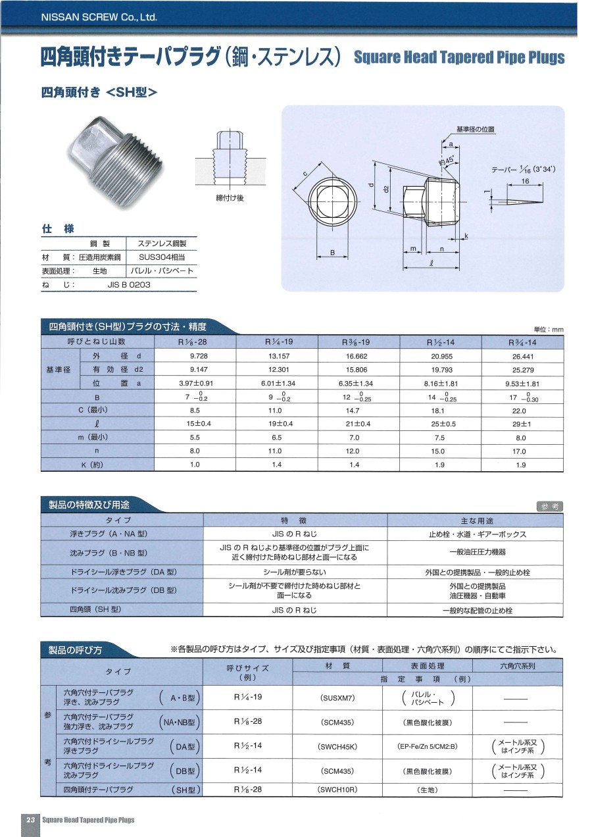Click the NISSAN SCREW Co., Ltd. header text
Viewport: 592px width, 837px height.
pyautogui.click(x=99, y=17)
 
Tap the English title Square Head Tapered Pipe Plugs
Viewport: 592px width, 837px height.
pyautogui.click(x=459, y=57)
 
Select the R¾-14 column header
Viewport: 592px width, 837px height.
pyautogui.click(x=523, y=342)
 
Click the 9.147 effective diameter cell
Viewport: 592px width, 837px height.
pyautogui.click(x=195, y=369)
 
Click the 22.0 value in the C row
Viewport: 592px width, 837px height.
pyautogui.click(x=523, y=411)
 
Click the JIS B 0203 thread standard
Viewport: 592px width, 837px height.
pyautogui.click(x=129, y=285)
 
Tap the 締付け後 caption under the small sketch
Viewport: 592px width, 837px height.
pyautogui.click(x=230, y=198)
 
